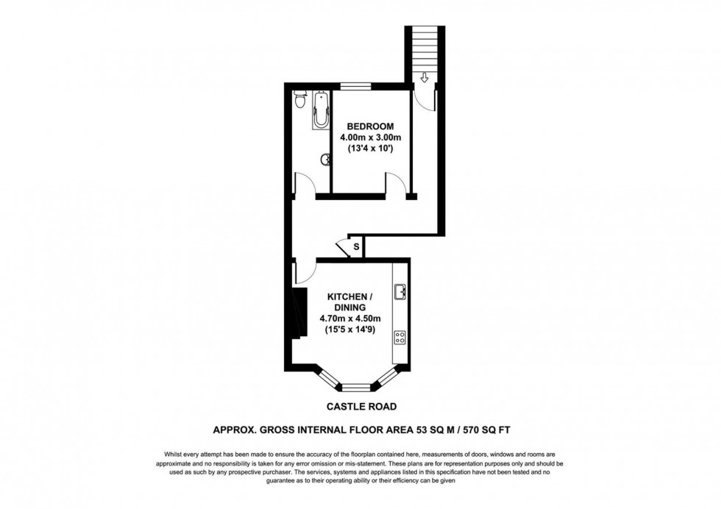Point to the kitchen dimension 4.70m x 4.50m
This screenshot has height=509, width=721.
click(350, 318)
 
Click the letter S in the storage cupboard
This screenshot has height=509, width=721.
click(356, 246)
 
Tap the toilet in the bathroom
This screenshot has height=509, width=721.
click(299, 102)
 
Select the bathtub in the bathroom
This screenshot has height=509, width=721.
click(320, 110)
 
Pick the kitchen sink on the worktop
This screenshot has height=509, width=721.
click(400, 293)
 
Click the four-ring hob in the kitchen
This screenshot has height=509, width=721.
click(401, 338)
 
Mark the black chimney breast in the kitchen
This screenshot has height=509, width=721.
click(298, 312)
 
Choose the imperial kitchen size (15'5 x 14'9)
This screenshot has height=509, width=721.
click(350, 330)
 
